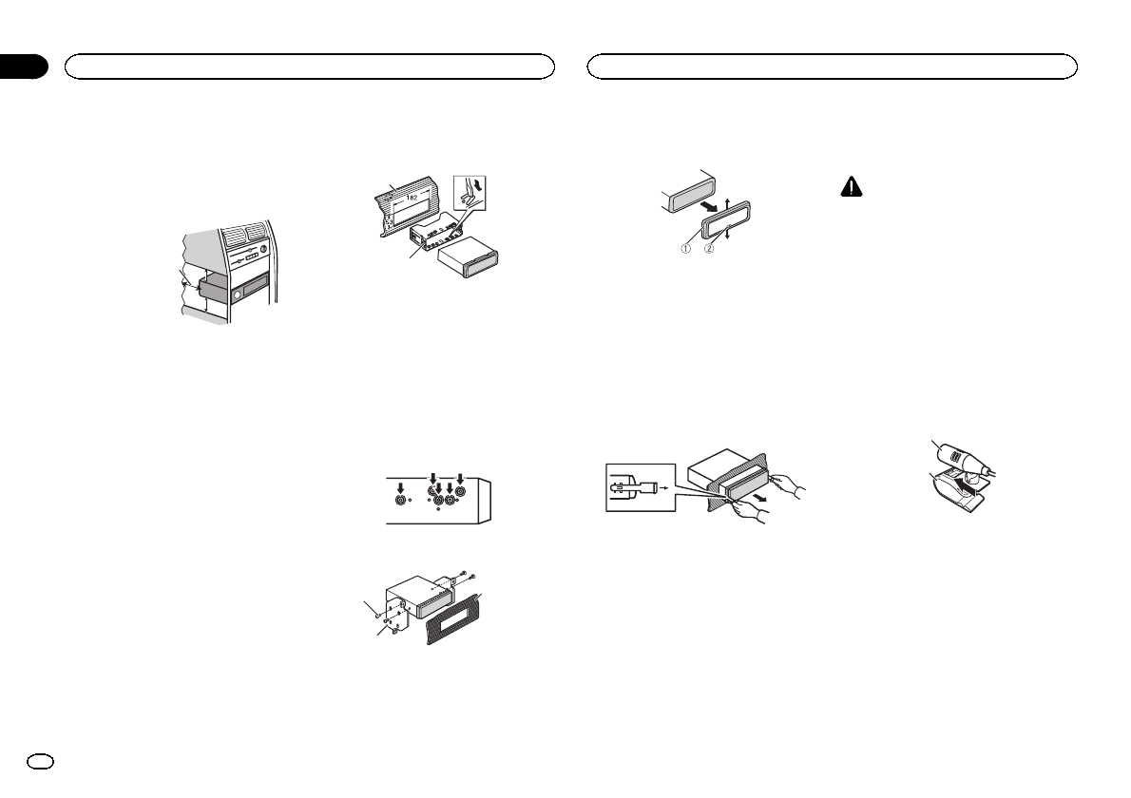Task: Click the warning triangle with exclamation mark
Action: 851,189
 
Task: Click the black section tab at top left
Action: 23,66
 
